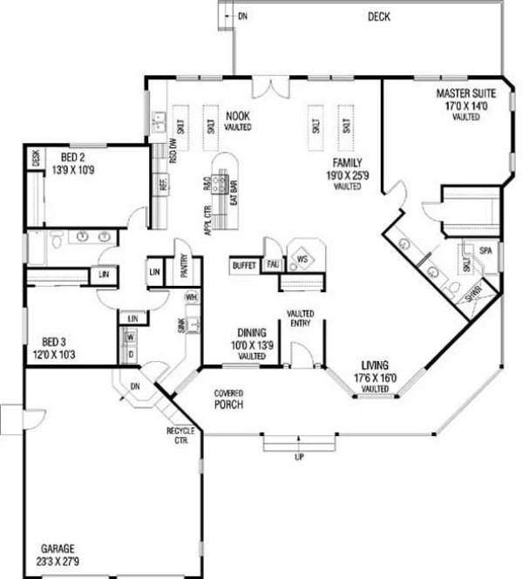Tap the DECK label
pyautogui.click(x=379, y=17)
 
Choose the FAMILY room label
pyautogui.click(x=346, y=163)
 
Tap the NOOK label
pyautogui.click(x=238, y=114)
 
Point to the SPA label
pyautogui.click(x=486, y=251)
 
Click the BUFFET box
pyautogui.click(x=245, y=265)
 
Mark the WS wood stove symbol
pyautogui.click(x=303, y=259)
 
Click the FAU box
pyautogui.click(x=272, y=263)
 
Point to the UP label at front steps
pyautogui.click(x=298, y=456)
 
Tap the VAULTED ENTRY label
pyautogui.click(x=300, y=318)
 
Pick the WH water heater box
pyautogui.click(x=191, y=296)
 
